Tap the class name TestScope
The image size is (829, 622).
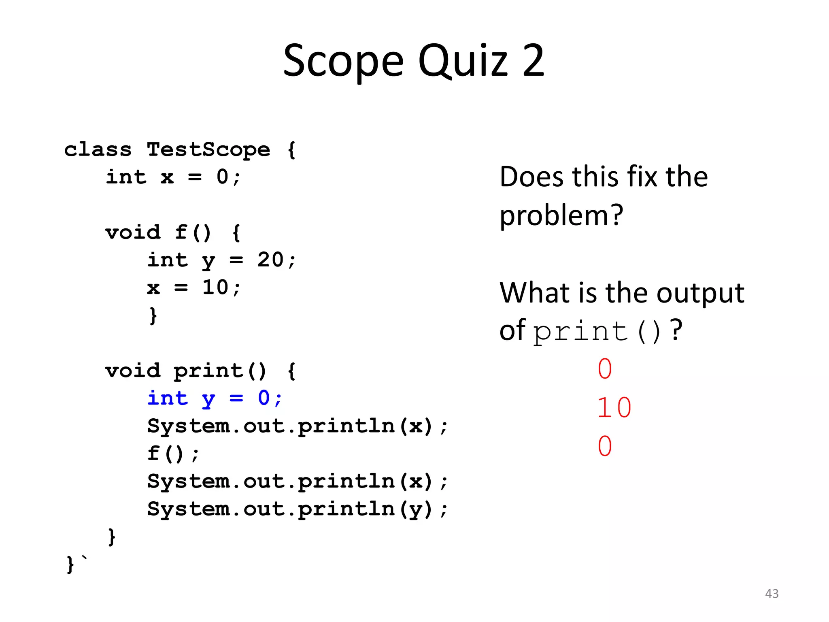click(x=208, y=150)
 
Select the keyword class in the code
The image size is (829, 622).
click(x=98, y=150)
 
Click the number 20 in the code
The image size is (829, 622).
click(x=270, y=260)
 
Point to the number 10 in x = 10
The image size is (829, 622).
click(x=215, y=288)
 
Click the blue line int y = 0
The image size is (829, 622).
click(x=215, y=398)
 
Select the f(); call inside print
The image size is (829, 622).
click(x=173, y=454)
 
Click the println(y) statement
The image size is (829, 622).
click(x=298, y=509)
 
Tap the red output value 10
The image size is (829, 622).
click(x=614, y=407)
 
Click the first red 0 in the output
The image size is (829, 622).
click(x=605, y=369)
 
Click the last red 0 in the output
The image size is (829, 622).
click(x=605, y=446)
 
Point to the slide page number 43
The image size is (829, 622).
click(x=772, y=594)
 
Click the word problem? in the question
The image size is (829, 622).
click(x=561, y=216)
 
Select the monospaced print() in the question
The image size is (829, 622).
click(x=597, y=331)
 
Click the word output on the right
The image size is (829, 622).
click(x=700, y=293)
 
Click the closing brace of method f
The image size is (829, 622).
click(x=153, y=315)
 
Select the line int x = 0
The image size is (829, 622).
click(x=173, y=177)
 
